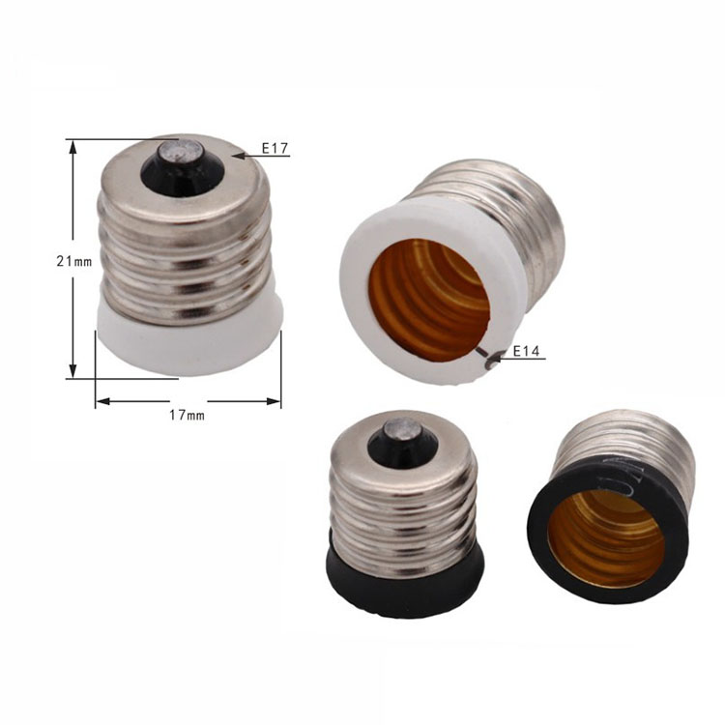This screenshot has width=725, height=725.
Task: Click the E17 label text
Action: click(275, 149)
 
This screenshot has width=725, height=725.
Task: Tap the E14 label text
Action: click(526, 350)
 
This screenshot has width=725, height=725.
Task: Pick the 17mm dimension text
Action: click(188, 415)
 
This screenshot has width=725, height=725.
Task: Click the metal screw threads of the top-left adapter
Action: click(184, 251)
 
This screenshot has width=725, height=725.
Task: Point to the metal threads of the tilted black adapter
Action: click(638, 445)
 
